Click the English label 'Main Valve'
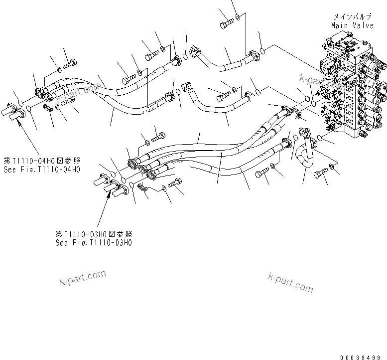pos(352,25)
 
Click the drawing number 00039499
pos(363,357)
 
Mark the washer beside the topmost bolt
pos(240,18)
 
